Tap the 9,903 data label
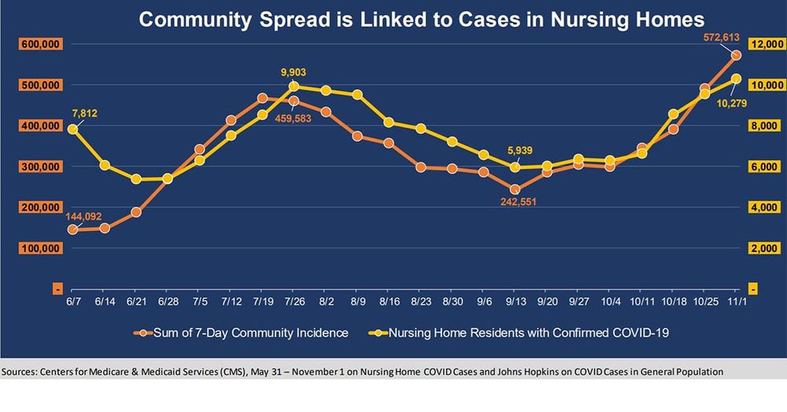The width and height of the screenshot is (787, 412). point(294,72)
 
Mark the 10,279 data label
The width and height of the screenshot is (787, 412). point(731,102)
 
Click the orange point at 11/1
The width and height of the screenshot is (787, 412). point(736,55)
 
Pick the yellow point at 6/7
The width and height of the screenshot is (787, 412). point(72,129)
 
